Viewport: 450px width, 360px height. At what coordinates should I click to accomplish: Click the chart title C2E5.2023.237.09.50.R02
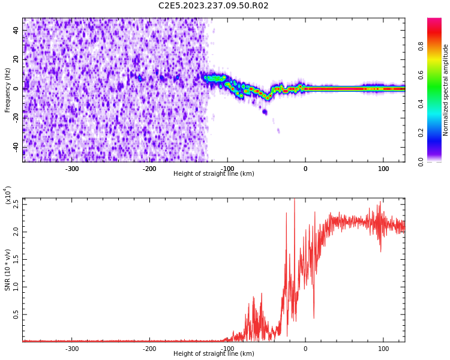(x=213, y=6)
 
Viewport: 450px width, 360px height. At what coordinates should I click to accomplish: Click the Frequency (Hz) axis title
(x=8, y=90)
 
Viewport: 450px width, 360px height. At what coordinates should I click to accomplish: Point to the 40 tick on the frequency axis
(x=16, y=30)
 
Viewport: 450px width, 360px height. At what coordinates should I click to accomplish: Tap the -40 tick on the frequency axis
(x=14, y=147)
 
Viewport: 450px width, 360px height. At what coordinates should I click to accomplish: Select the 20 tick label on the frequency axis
(x=16, y=59)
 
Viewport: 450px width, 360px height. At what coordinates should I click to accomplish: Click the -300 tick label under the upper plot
(x=72, y=169)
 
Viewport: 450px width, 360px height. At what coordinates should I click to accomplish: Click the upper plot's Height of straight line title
(x=214, y=174)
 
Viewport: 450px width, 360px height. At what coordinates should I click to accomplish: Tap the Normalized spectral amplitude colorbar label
(x=446, y=90)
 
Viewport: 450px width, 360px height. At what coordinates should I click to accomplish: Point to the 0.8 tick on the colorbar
(x=421, y=45)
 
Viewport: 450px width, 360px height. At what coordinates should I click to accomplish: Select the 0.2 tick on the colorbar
(x=421, y=133)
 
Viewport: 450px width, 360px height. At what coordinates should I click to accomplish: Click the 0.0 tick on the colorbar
(x=421, y=161)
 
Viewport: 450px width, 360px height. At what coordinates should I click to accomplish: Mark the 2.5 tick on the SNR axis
(x=16, y=204)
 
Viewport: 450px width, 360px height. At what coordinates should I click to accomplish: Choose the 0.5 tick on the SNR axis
(x=16, y=314)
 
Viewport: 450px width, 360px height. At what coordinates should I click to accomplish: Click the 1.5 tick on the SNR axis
(x=16, y=259)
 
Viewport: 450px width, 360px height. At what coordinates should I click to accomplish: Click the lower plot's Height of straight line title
(x=214, y=354)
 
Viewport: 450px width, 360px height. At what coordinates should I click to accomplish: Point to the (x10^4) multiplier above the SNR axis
(x=8, y=195)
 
